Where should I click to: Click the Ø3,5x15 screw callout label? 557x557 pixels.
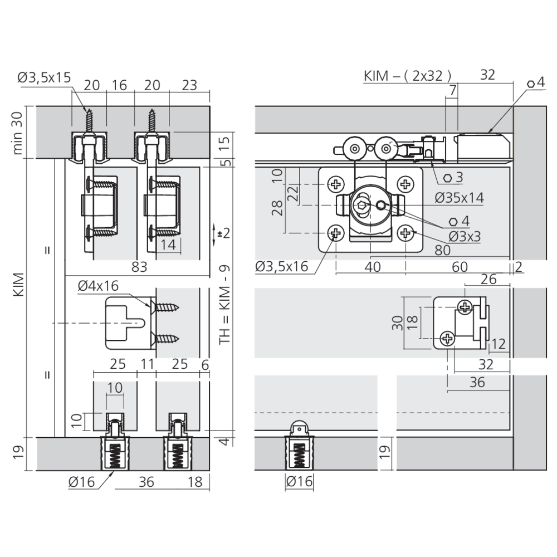45,77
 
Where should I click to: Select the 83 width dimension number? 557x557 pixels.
139,267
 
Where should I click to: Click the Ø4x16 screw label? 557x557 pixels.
98,286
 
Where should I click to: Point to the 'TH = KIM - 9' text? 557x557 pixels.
224,304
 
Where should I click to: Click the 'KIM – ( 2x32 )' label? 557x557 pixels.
408,76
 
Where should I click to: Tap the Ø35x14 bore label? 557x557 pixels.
460,198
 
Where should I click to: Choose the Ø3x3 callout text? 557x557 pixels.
465,236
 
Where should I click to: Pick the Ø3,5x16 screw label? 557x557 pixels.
282,266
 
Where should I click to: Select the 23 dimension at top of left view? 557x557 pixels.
189,85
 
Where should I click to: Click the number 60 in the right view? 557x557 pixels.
460,267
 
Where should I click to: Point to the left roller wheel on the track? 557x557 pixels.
354,149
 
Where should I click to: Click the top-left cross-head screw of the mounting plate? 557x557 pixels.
336,184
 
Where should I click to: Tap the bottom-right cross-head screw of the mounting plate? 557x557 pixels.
405,233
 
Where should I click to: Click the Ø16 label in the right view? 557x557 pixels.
299,482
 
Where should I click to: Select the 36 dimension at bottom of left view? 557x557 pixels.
146,482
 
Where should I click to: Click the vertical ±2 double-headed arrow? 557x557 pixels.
214,234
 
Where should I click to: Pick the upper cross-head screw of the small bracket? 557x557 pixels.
465,306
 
